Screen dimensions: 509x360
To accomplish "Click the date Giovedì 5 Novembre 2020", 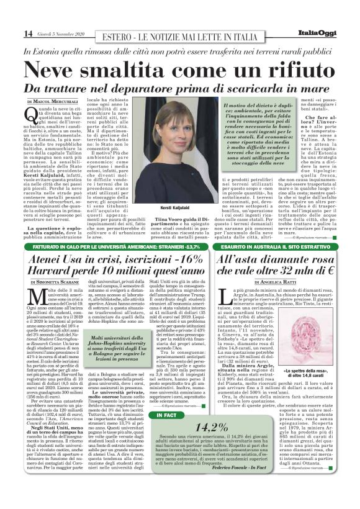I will [60, 34].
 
